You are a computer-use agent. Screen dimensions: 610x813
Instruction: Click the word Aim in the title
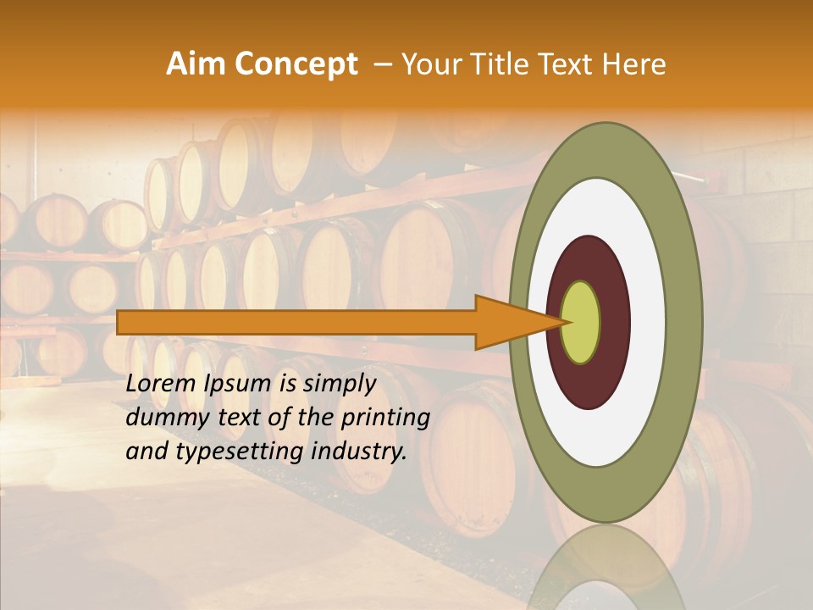pyautogui.click(x=196, y=64)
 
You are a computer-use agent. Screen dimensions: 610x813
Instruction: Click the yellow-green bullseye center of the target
pyautogui.click(x=581, y=322)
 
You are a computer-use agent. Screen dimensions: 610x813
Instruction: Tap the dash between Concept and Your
pyautogui.click(x=383, y=64)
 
